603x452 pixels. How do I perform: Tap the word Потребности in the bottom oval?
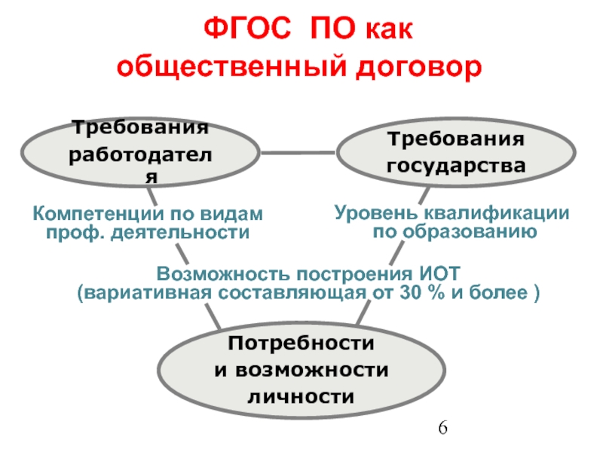[301, 344]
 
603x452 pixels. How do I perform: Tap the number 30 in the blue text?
[403, 292]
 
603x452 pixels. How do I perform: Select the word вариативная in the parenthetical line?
[145, 292]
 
